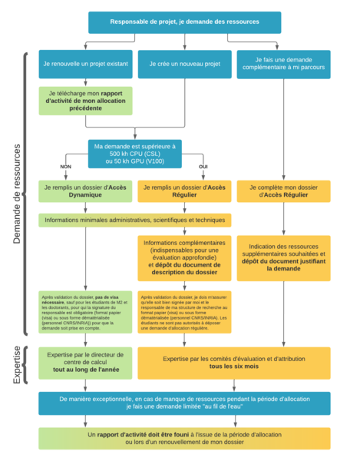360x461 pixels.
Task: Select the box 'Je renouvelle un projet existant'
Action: coord(85,64)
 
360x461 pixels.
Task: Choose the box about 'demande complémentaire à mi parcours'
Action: coord(283,64)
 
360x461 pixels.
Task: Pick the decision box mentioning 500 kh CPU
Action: coord(135,152)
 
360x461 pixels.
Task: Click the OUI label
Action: coord(203,167)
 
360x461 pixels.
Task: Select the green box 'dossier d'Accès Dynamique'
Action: coord(85,191)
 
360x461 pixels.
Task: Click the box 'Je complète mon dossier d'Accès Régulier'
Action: coord(283,191)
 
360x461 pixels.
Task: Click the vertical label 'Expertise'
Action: coord(18,363)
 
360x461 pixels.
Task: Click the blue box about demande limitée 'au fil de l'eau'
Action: coord(184,403)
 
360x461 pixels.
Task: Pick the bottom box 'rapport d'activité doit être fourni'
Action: coord(184,439)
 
